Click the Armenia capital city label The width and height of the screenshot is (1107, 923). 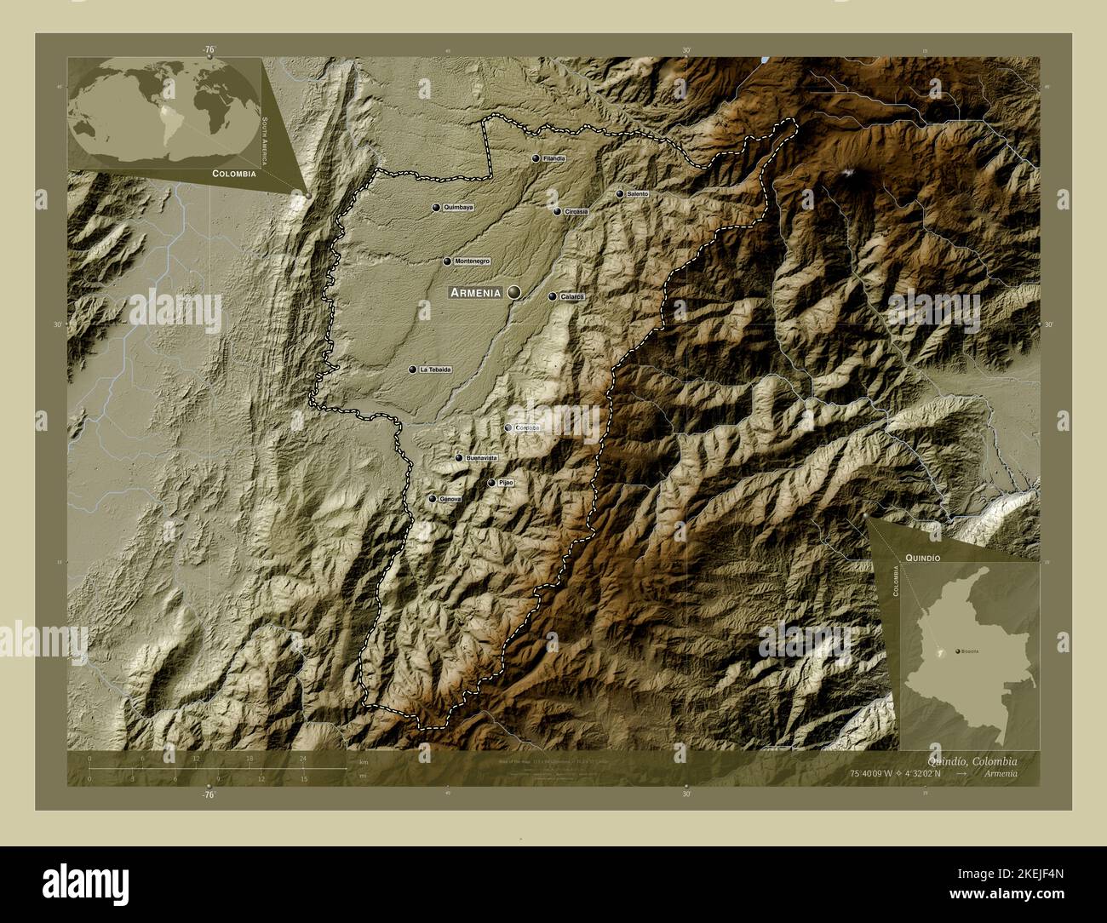coord(475,293)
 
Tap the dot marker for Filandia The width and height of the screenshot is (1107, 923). coord(536,158)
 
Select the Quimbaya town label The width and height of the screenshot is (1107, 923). coord(459,208)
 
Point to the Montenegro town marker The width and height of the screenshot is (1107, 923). coord(447,261)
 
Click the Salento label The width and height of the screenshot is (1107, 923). coord(638,194)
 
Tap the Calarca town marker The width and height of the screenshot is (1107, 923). coord(552,296)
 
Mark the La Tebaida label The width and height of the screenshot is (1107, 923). coord(434,370)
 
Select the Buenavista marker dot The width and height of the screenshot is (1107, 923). coord(459,458)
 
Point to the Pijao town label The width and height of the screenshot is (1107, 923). coord(507,483)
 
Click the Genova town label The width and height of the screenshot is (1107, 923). coord(450,499)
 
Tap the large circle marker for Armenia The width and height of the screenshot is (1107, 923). coord(513,292)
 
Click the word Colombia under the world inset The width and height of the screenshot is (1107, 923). coord(229,173)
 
